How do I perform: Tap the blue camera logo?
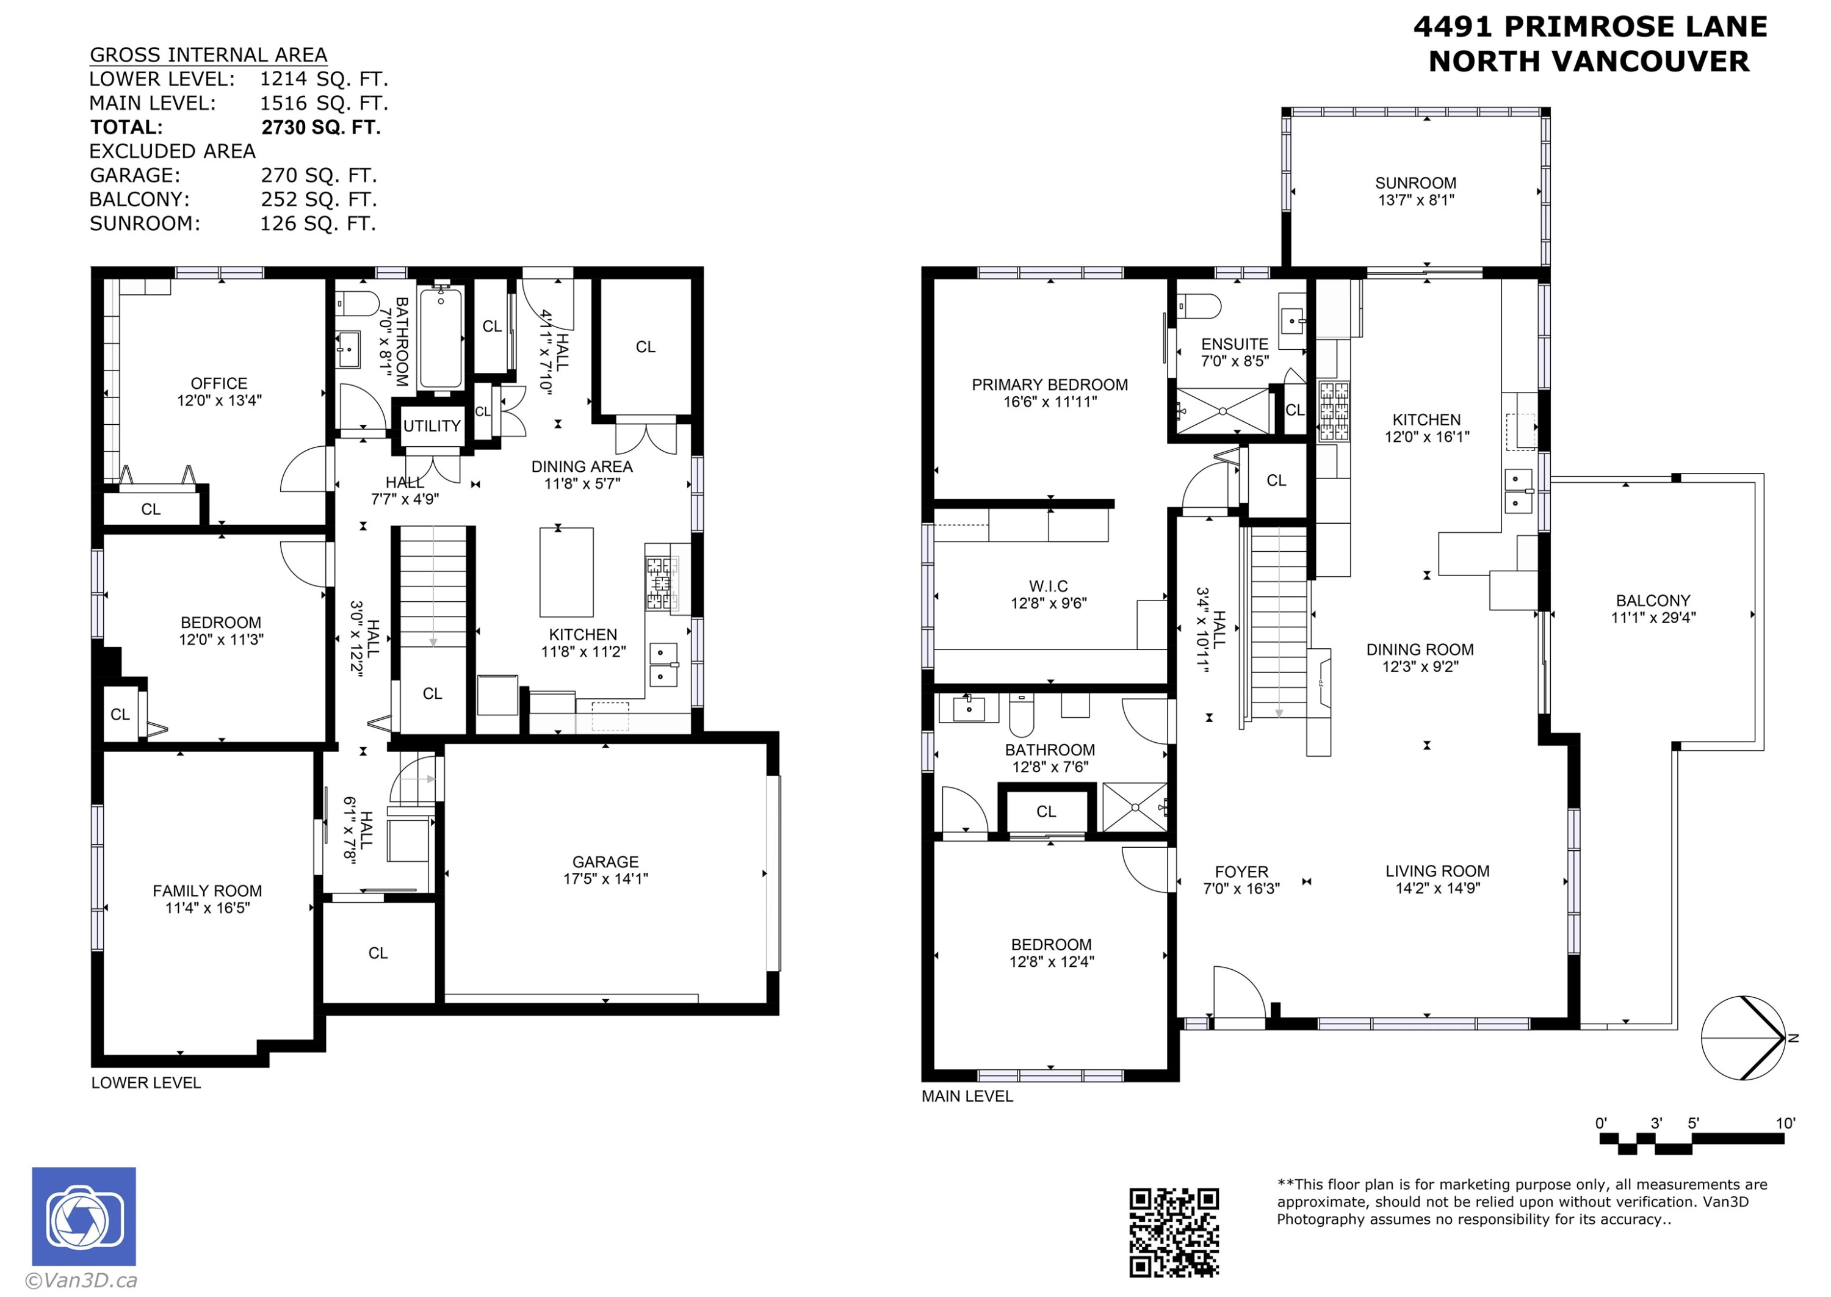click(x=84, y=1216)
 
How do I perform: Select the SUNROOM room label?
click(x=1416, y=183)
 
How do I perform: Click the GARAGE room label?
click(x=605, y=862)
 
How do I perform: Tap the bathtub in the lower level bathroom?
click(x=440, y=339)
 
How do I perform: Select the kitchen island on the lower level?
click(x=566, y=572)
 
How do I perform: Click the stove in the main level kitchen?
click(x=1334, y=411)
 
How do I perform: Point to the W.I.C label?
click(x=1049, y=586)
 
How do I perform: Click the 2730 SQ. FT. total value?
click(x=321, y=128)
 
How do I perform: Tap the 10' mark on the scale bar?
click(x=1785, y=1123)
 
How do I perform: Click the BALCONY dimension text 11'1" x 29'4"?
click(x=1653, y=617)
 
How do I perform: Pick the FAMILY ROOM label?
click(x=208, y=891)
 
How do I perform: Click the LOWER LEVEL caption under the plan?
click(x=146, y=1083)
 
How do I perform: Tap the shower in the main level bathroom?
click(x=1135, y=807)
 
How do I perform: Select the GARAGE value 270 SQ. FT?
click(x=319, y=176)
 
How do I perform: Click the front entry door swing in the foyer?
click(x=1240, y=992)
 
